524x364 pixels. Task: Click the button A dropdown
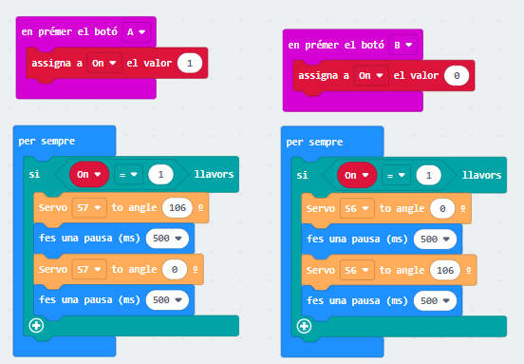point(137,32)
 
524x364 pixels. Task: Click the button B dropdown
point(403,45)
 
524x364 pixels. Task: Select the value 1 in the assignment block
point(190,64)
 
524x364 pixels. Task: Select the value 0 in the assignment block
point(457,76)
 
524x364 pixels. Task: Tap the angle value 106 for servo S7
point(178,208)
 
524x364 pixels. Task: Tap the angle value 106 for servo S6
point(445,270)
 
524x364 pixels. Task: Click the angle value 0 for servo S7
point(175,269)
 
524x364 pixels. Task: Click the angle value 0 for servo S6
point(442,209)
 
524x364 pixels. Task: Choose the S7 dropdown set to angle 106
point(89,208)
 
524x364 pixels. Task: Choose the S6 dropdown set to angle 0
point(357,209)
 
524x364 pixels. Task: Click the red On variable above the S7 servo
point(89,174)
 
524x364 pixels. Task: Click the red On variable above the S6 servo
point(357,175)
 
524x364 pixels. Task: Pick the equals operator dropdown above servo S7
point(129,174)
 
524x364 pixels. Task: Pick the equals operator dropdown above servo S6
point(397,175)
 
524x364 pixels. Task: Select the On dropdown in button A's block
point(104,64)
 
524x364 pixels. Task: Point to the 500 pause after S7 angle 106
point(167,239)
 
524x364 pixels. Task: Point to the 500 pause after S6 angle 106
point(435,300)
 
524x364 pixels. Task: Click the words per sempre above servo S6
point(314,143)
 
